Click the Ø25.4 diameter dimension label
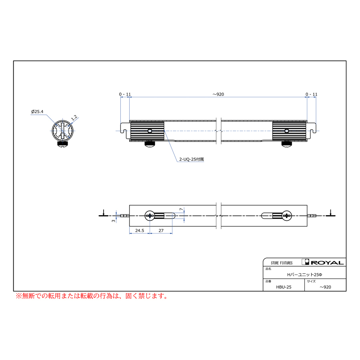[37, 112]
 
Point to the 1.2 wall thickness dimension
[74, 118]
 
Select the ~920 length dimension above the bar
[218, 94]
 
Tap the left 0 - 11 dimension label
[125, 94]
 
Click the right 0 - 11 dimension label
[311, 94]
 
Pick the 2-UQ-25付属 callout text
[192, 159]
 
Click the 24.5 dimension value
[140, 230]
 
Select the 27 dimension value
[161, 230]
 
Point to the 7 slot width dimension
[181, 209]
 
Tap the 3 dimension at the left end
[114, 221]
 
